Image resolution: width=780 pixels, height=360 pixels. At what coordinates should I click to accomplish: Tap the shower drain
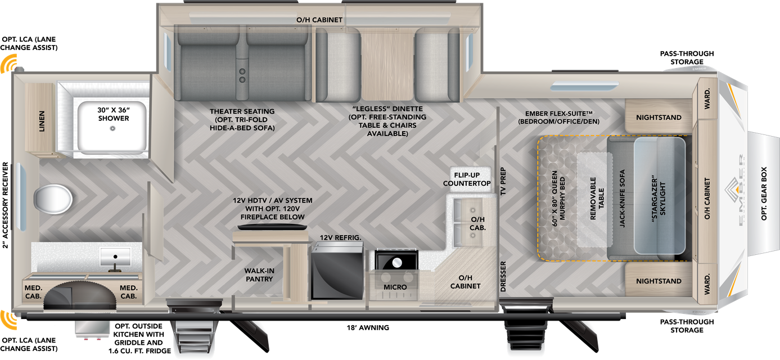coord(112,128)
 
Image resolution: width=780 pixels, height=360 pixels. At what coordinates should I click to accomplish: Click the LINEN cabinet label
coord(42,121)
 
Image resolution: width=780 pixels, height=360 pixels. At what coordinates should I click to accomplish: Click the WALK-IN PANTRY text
coord(259,275)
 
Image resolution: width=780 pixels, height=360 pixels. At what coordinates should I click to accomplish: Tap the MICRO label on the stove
coord(395,287)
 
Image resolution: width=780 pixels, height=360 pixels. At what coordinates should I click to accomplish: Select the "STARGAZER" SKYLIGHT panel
coord(660,196)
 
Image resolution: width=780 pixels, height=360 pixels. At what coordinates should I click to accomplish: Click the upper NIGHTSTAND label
coord(659,118)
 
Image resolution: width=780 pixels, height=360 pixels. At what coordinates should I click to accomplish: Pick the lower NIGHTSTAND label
coord(659,281)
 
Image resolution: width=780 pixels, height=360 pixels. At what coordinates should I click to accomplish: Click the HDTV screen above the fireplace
coord(272,227)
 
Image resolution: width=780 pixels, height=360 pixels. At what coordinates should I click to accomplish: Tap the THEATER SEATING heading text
coord(242,111)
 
